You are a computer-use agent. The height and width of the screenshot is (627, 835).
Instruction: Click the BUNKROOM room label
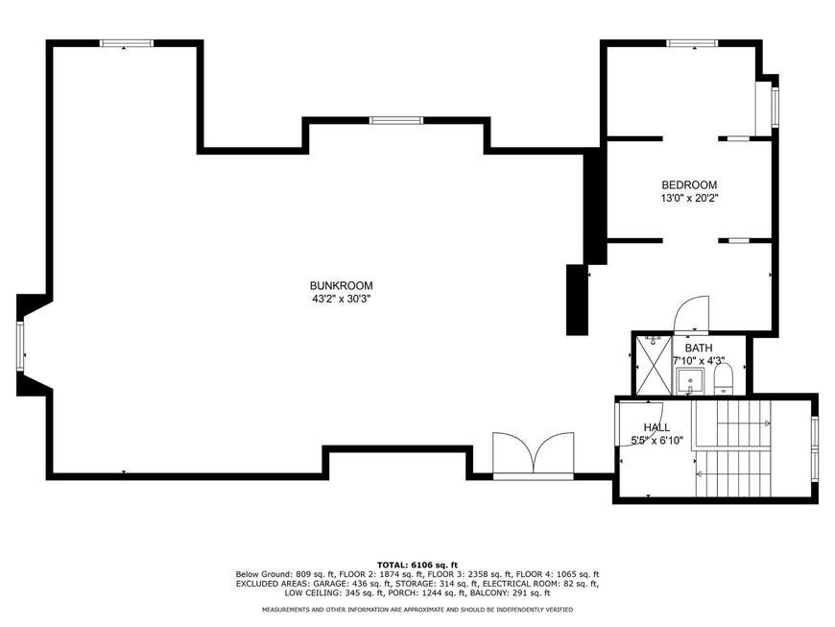[x=342, y=285]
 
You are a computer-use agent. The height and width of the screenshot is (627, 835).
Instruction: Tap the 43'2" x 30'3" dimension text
[x=342, y=299]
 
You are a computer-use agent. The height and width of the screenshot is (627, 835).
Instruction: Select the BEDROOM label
[x=689, y=185]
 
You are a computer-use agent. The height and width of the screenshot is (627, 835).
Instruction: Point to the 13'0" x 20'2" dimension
[x=689, y=198]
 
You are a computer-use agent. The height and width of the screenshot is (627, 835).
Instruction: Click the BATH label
[x=699, y=348]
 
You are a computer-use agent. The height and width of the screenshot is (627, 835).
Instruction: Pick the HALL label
[x=657, y=427]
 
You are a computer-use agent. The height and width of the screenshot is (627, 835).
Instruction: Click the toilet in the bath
[x=723, y=378]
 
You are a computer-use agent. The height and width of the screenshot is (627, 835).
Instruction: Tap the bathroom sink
[x=690, y=381]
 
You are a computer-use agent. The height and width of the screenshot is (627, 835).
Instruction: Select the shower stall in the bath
[x=654, y=365]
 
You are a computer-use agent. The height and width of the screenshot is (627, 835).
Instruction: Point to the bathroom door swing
[x=691, y=314]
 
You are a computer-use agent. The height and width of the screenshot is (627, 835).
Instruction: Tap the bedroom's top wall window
[x=692, y=43]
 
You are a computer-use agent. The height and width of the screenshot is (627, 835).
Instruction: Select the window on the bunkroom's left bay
[x=20, y=347]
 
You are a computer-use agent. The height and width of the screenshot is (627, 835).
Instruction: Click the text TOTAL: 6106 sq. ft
[x=417, y=565]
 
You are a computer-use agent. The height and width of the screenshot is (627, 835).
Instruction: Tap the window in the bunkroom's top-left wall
[x=127, y=43]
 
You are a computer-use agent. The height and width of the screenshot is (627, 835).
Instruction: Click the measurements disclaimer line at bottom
[x=417, y=610]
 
